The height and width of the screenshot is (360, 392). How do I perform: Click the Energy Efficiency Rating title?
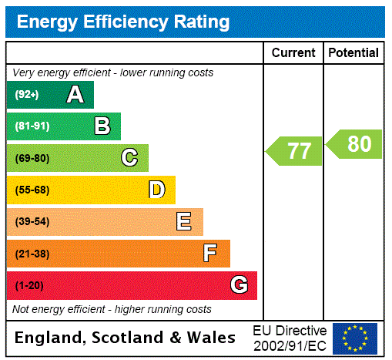[123, 22]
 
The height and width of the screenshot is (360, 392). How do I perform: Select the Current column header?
[293, 53]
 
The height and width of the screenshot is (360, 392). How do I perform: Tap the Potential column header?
[353, 53]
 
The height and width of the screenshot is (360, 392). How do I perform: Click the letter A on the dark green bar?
[75, 95]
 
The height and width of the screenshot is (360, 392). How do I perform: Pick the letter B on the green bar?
[102, 126]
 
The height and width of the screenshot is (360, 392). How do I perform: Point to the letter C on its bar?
[129, 158]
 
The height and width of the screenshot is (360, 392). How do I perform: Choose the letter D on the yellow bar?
[156, 190]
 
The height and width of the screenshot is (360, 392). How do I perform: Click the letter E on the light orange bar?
[184, 222]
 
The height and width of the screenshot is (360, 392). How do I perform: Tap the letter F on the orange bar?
[210, 254]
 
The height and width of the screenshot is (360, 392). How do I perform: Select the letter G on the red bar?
[239, 285]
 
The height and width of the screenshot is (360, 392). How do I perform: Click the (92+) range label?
[27, 95]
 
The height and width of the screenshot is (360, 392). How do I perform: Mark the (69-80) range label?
[32, 158]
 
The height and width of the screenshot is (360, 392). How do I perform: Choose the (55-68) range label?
[32, 190]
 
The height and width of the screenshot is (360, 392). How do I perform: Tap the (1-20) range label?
[29, 285]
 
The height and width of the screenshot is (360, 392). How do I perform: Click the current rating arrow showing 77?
[294, 150]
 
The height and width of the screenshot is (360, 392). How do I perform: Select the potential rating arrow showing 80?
[353, 144]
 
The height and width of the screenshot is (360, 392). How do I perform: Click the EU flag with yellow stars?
[355, 338]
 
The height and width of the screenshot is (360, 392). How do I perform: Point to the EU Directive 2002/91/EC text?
[290, 338]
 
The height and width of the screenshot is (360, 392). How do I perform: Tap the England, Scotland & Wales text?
[126, 338]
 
